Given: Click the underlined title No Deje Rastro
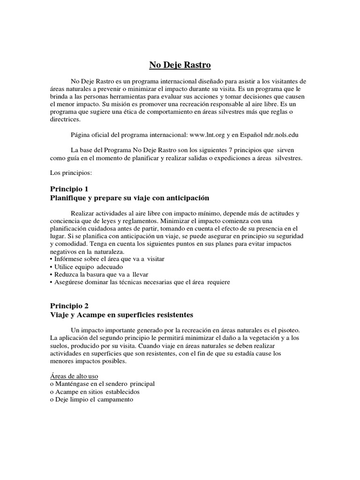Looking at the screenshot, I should tap(180, 65).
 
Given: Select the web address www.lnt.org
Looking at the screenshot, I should tap(206, 135).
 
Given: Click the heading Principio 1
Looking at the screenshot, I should tap(69, 189).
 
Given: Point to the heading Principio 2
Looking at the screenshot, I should tap(69, 305).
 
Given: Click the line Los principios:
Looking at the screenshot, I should tap(71, 172).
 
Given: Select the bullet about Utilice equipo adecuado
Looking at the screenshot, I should tap(88, 266).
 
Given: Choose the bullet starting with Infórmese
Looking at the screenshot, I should tap(107, 259).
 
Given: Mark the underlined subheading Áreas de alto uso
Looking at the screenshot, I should tap(74, 376).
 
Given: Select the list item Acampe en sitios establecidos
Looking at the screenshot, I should tap(95, 391).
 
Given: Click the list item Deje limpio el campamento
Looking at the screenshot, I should tap(91, 399).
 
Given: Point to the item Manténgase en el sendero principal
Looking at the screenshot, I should tap(102, 384).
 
